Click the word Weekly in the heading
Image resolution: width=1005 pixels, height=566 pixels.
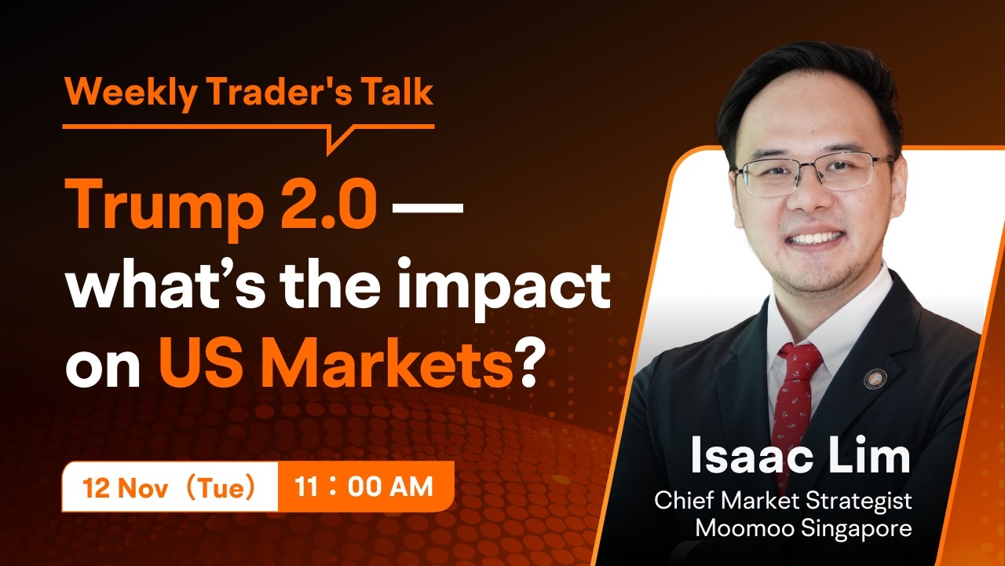tap(131, 93)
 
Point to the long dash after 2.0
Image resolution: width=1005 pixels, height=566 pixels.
tap(427, 208)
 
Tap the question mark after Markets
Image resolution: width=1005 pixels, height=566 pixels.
tap(526, 362)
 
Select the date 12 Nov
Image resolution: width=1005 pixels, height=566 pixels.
tap(126, 487)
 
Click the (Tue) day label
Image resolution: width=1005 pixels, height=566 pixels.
tap(221, 487)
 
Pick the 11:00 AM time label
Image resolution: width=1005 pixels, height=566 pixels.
tap(364, 487)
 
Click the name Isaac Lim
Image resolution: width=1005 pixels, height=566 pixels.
tap(800, 455)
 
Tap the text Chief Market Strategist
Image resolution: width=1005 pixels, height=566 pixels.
tap(783, 501)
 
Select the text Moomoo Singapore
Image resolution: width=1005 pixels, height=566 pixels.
tap(803, 527)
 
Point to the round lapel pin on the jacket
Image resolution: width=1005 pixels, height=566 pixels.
tap(875, 379)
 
